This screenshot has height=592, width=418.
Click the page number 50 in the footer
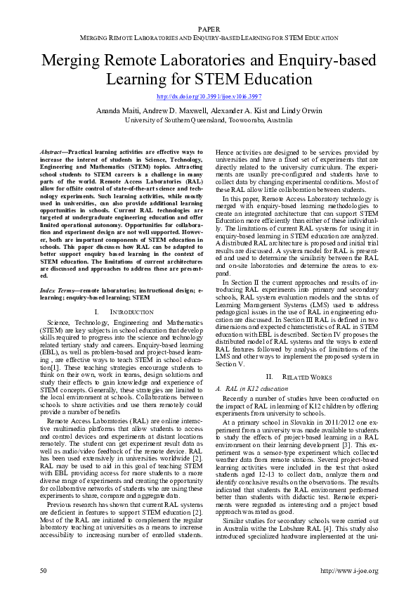click(x=44, y=570)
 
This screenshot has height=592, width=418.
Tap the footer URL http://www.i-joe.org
click(x=349, y=570)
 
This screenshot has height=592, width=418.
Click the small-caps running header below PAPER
click(x=209, y=35)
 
